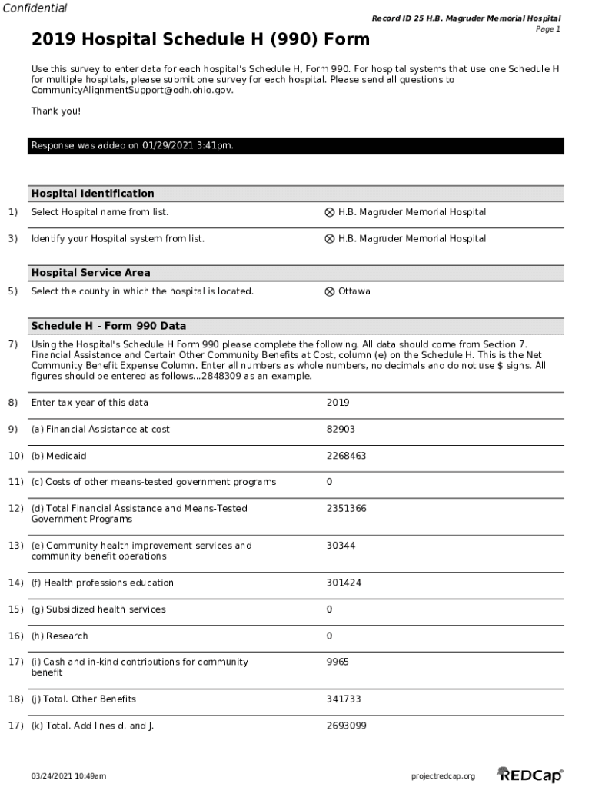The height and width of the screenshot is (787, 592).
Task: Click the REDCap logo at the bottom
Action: coord(530,775)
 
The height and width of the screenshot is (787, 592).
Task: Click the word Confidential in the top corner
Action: coord(34,8)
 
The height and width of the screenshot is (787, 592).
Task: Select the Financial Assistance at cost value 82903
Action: coord(341,430)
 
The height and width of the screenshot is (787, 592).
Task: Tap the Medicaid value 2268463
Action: coord(346,456)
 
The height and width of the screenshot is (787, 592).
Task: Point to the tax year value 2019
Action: coord(338,403)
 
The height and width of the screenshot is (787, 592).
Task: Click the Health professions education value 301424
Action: coord(344,583)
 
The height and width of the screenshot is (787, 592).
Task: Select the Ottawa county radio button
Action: coord(330,292)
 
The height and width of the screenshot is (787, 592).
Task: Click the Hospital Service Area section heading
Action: coord(91,273)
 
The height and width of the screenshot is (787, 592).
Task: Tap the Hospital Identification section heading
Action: coord(92,194)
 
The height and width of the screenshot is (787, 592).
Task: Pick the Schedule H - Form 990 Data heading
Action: coord(108,326)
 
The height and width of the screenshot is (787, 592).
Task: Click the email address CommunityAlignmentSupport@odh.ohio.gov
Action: coord(131,90)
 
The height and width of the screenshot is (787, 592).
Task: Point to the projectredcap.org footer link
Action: coord(444,776)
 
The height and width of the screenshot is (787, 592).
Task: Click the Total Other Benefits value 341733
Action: coord(344,699)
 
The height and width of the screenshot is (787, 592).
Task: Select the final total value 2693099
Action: coord(346,726)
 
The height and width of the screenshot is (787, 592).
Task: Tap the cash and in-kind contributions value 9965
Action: coord(338,662)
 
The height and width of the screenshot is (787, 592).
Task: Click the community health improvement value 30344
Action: coord(341,546)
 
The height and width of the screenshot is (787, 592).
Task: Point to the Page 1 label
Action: coord(547,29)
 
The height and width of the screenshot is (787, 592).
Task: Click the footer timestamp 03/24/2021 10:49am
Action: coord(68,776)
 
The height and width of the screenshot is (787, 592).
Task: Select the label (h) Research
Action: coord(59,636)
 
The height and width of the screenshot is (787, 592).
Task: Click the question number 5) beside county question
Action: coord(13,291)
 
